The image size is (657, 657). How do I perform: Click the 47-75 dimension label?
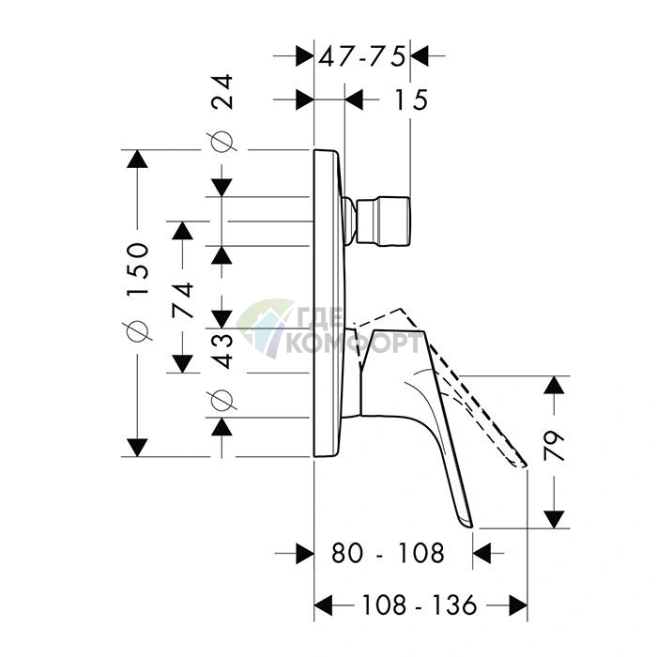pos(362,56)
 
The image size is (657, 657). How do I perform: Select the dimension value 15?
pos(411,100)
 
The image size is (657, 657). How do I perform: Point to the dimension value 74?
pos(183,300)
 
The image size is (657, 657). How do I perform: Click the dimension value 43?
pos(222,351)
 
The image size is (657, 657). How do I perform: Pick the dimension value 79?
pos(554,446)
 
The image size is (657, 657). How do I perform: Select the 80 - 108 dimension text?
pos(388,553)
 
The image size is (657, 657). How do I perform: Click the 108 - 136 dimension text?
pos(419,604)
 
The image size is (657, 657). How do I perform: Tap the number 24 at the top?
pos(222,92)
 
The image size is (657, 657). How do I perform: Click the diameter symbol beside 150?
pos(138,331)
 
